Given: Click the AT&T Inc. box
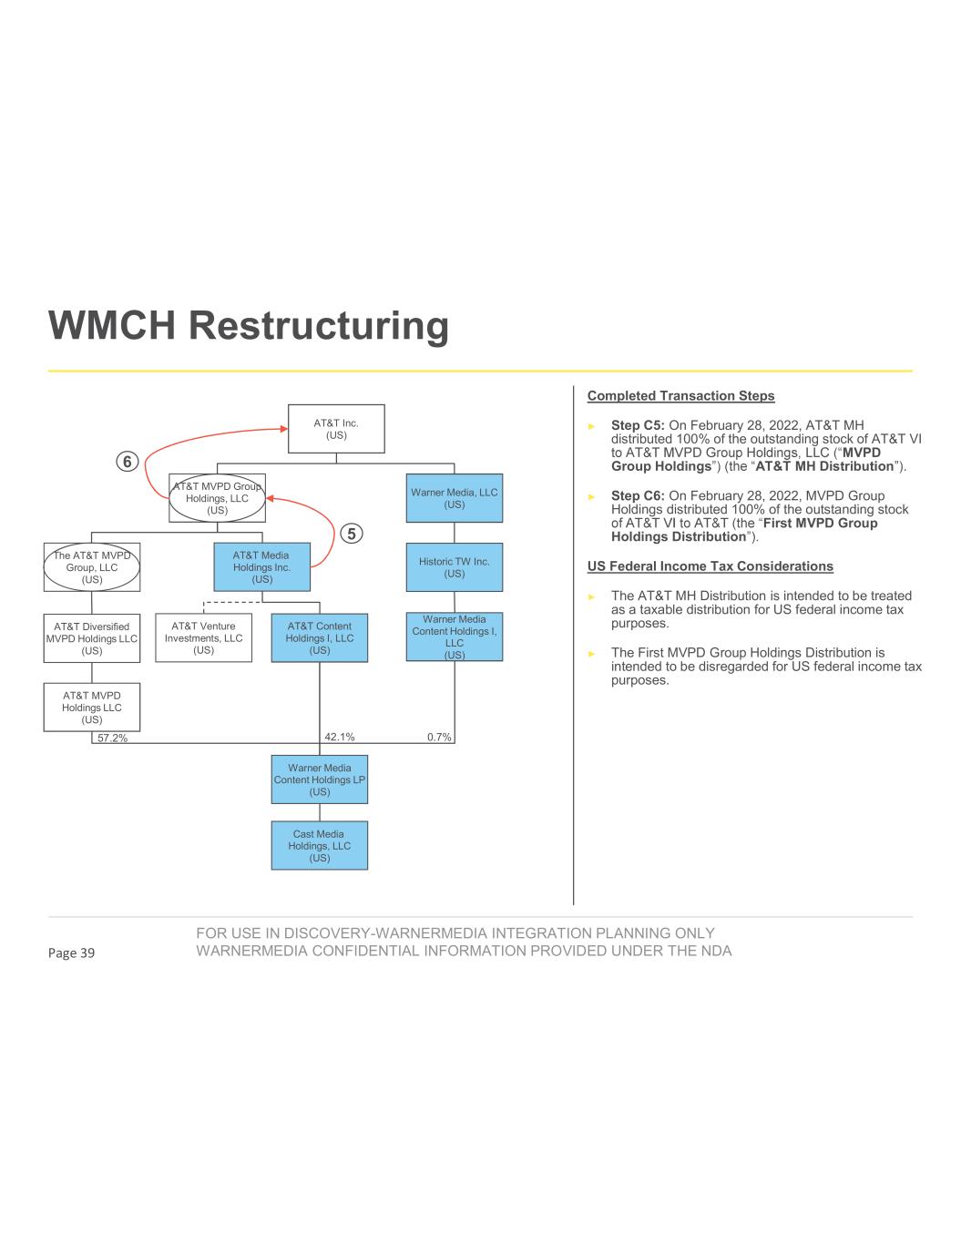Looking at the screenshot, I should pyautogui.click(x=336, y=429).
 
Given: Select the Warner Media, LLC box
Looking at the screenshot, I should pyautogui.click(x=454, y=498).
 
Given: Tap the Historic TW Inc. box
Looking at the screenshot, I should pyautogui.click(x=454, y=567).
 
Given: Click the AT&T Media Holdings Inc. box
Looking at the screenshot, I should pyautogui.click(x=261, y=567).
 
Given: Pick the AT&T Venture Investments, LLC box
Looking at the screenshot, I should pyautogui.click(x=203, y=637).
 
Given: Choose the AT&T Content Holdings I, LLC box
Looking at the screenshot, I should pyautogui.click(x=319, y=637).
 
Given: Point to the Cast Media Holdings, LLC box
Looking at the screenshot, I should pyautogui.click(x=319, y=846).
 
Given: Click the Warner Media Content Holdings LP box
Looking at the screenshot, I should pyautogui.click(x=319, y=779).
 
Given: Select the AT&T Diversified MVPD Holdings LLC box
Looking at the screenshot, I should pyautogui.click(x=91, y=637).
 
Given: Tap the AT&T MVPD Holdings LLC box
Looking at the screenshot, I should pyautogui.click(x=91, y=707).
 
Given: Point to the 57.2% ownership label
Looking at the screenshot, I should pyautogui.click(x=112, y=739).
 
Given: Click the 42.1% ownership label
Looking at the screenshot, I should pyautogui.click(x=340, y=737).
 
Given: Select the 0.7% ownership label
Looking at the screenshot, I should pyautogui.click(x=439, y=737).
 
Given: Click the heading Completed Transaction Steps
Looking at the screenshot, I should pyautogui.click(x=680, y=396).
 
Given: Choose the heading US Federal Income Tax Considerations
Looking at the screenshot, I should pyautogui.click(x=710, y=566).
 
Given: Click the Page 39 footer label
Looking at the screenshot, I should pyautogui.click(x=71, y=953).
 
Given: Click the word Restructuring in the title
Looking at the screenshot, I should pyautogui.click(x=320, y=326).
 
